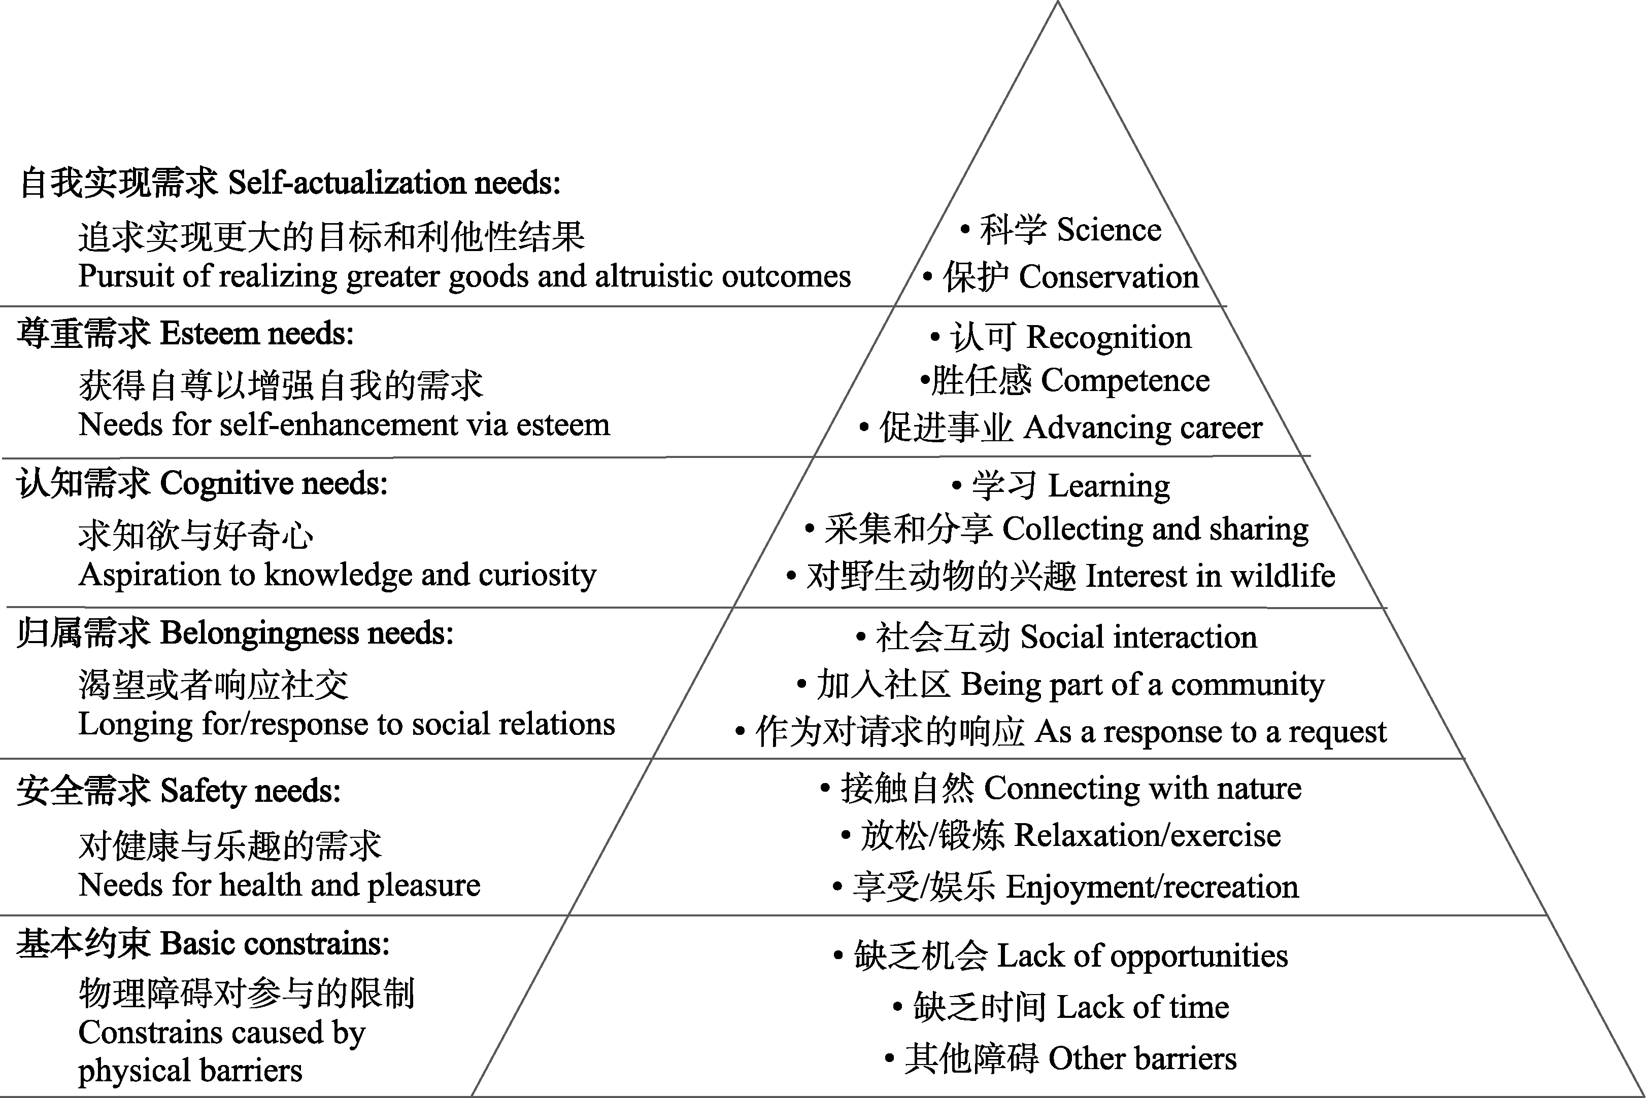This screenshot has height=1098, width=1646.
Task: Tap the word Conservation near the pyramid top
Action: [x=1108, y=276]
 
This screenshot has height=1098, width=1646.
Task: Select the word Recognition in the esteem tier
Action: [x=1108, y=337]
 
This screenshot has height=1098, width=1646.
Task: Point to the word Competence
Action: [x=1125, y=381]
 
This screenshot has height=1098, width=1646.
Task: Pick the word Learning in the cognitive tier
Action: [x=1109, y=485]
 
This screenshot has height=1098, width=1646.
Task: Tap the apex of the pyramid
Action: [x=1057, y=2]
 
